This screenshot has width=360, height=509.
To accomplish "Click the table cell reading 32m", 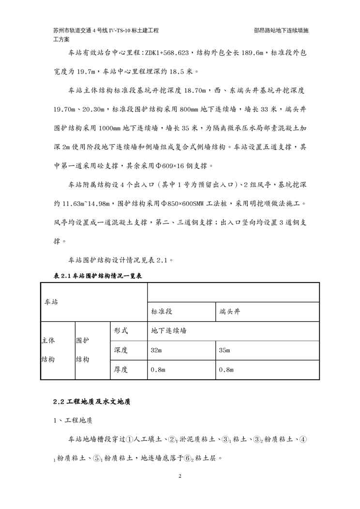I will point(181,350).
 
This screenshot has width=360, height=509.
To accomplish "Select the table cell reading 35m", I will point(267,350).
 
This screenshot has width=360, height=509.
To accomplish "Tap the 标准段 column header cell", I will point(181,312).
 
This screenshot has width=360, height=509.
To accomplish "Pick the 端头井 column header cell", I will point(267,312).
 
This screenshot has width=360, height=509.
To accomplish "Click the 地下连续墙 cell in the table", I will point(233,331).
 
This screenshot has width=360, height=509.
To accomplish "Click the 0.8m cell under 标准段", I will point(181,370).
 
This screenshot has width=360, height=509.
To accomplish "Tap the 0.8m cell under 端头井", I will point(267,370).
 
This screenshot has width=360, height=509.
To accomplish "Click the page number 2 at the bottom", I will point(180,477).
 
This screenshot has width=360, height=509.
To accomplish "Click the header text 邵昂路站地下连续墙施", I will point(281,30).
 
